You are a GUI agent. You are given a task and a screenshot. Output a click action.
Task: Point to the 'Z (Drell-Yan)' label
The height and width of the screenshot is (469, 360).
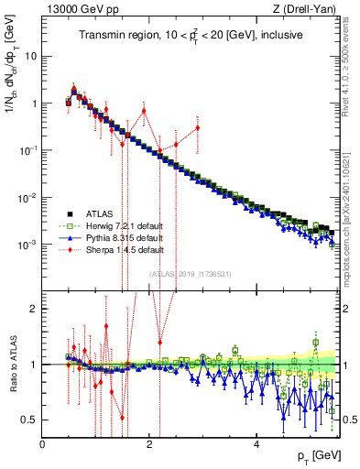[308, 8]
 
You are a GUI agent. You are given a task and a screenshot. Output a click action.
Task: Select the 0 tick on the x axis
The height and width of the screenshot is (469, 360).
[43, 443]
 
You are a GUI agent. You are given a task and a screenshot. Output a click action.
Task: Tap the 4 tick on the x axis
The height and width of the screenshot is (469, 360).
[256, 443]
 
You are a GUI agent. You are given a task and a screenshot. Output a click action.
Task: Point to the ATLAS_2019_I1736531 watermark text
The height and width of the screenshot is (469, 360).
[191, 274]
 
